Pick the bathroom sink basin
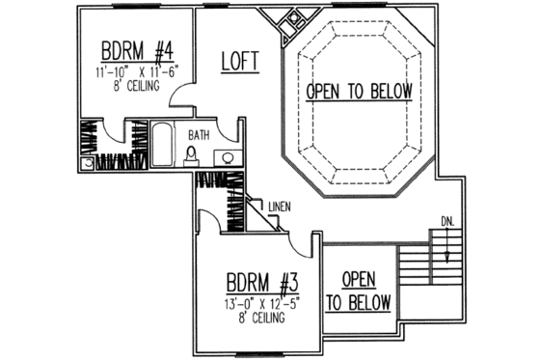point(228,158)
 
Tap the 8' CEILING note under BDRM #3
point(256,319)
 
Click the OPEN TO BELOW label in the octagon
point(360,92)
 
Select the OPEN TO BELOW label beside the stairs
point(357,290)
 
